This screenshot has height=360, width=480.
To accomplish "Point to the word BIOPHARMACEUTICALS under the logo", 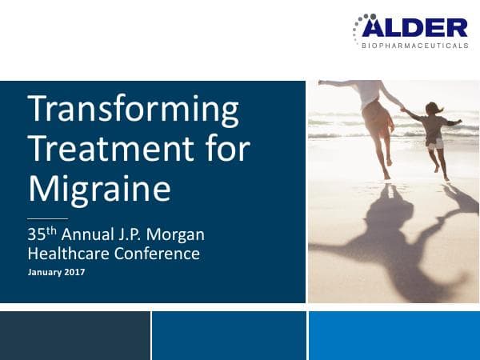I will click(x=415, y=46).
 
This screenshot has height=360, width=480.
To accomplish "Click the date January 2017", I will click(x=56, y=273).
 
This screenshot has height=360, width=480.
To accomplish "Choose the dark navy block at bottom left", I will click(x=75, y=335).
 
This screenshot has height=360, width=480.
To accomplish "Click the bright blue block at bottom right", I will click(x=394, y=335).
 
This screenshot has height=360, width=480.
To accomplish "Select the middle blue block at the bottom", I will click(x=229, y=335).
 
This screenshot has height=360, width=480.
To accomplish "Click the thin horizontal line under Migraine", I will click(x=47, y=218).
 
